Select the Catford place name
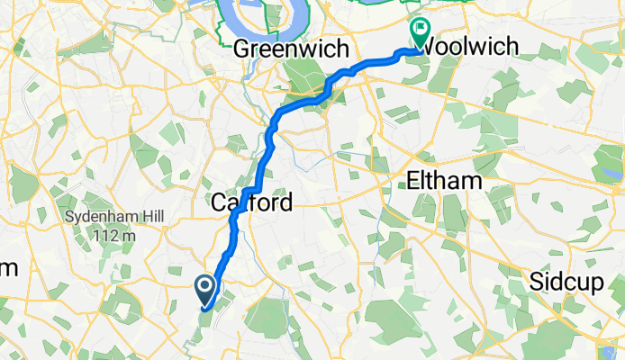coord(252,203)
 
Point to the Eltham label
coord(444,181)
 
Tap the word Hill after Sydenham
coord(149,218)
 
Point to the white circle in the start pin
coord(204,287)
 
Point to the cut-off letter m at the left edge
coord(7,268)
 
